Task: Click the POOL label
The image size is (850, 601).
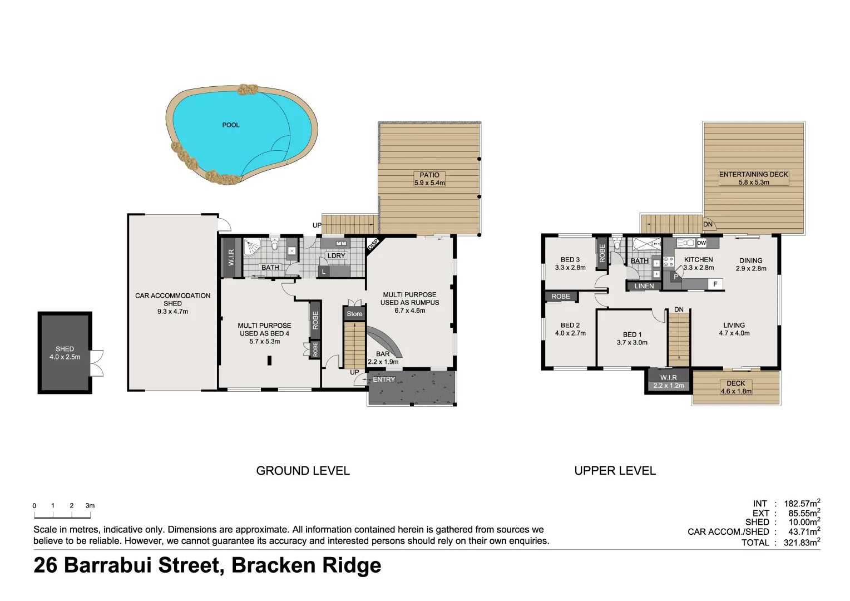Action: click(230, 125)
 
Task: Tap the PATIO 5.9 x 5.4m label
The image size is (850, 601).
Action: click(429, 179)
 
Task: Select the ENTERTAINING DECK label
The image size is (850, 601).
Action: click(753, 178)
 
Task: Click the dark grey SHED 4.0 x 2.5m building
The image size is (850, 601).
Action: click(65, 353)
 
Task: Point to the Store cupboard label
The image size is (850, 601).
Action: click(354, 314)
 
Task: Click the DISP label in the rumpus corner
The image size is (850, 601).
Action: click(373, 244)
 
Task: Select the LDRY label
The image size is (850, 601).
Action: click(336, 255)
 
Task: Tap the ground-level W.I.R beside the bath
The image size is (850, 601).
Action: click(231, 257)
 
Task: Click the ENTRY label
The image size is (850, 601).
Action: click(384, 380)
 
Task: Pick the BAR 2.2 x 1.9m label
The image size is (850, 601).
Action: click(383, 358)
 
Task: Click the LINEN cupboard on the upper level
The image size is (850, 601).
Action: click(644, 286)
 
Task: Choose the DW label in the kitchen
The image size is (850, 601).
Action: click(701, 243)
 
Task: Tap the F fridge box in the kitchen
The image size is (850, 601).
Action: click(715, 284)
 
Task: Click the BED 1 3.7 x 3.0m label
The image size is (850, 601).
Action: click(632, 338)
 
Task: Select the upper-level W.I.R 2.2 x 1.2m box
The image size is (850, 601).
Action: click(668, 381)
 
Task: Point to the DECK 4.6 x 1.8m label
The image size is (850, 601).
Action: click(735, 387)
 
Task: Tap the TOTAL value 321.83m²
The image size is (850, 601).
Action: click(801, 543)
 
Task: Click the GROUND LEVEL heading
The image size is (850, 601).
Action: click(303, 471)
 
